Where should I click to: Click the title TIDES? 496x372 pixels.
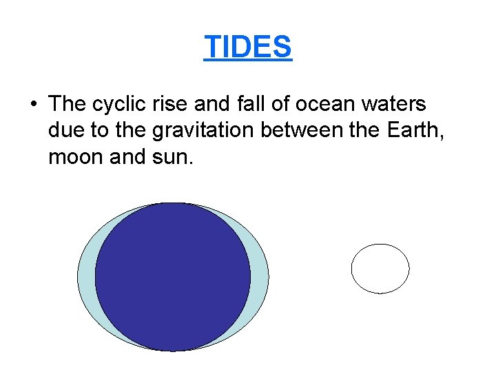pos(248,48)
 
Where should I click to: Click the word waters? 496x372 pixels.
pos(393,104)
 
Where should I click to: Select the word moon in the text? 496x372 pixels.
pos(72,158)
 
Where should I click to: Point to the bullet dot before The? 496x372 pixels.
pos(33,105)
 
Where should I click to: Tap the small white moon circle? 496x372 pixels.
pos(380,269)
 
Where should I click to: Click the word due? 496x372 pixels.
pos(64,131)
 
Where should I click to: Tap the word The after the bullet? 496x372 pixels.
pos(67,104)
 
